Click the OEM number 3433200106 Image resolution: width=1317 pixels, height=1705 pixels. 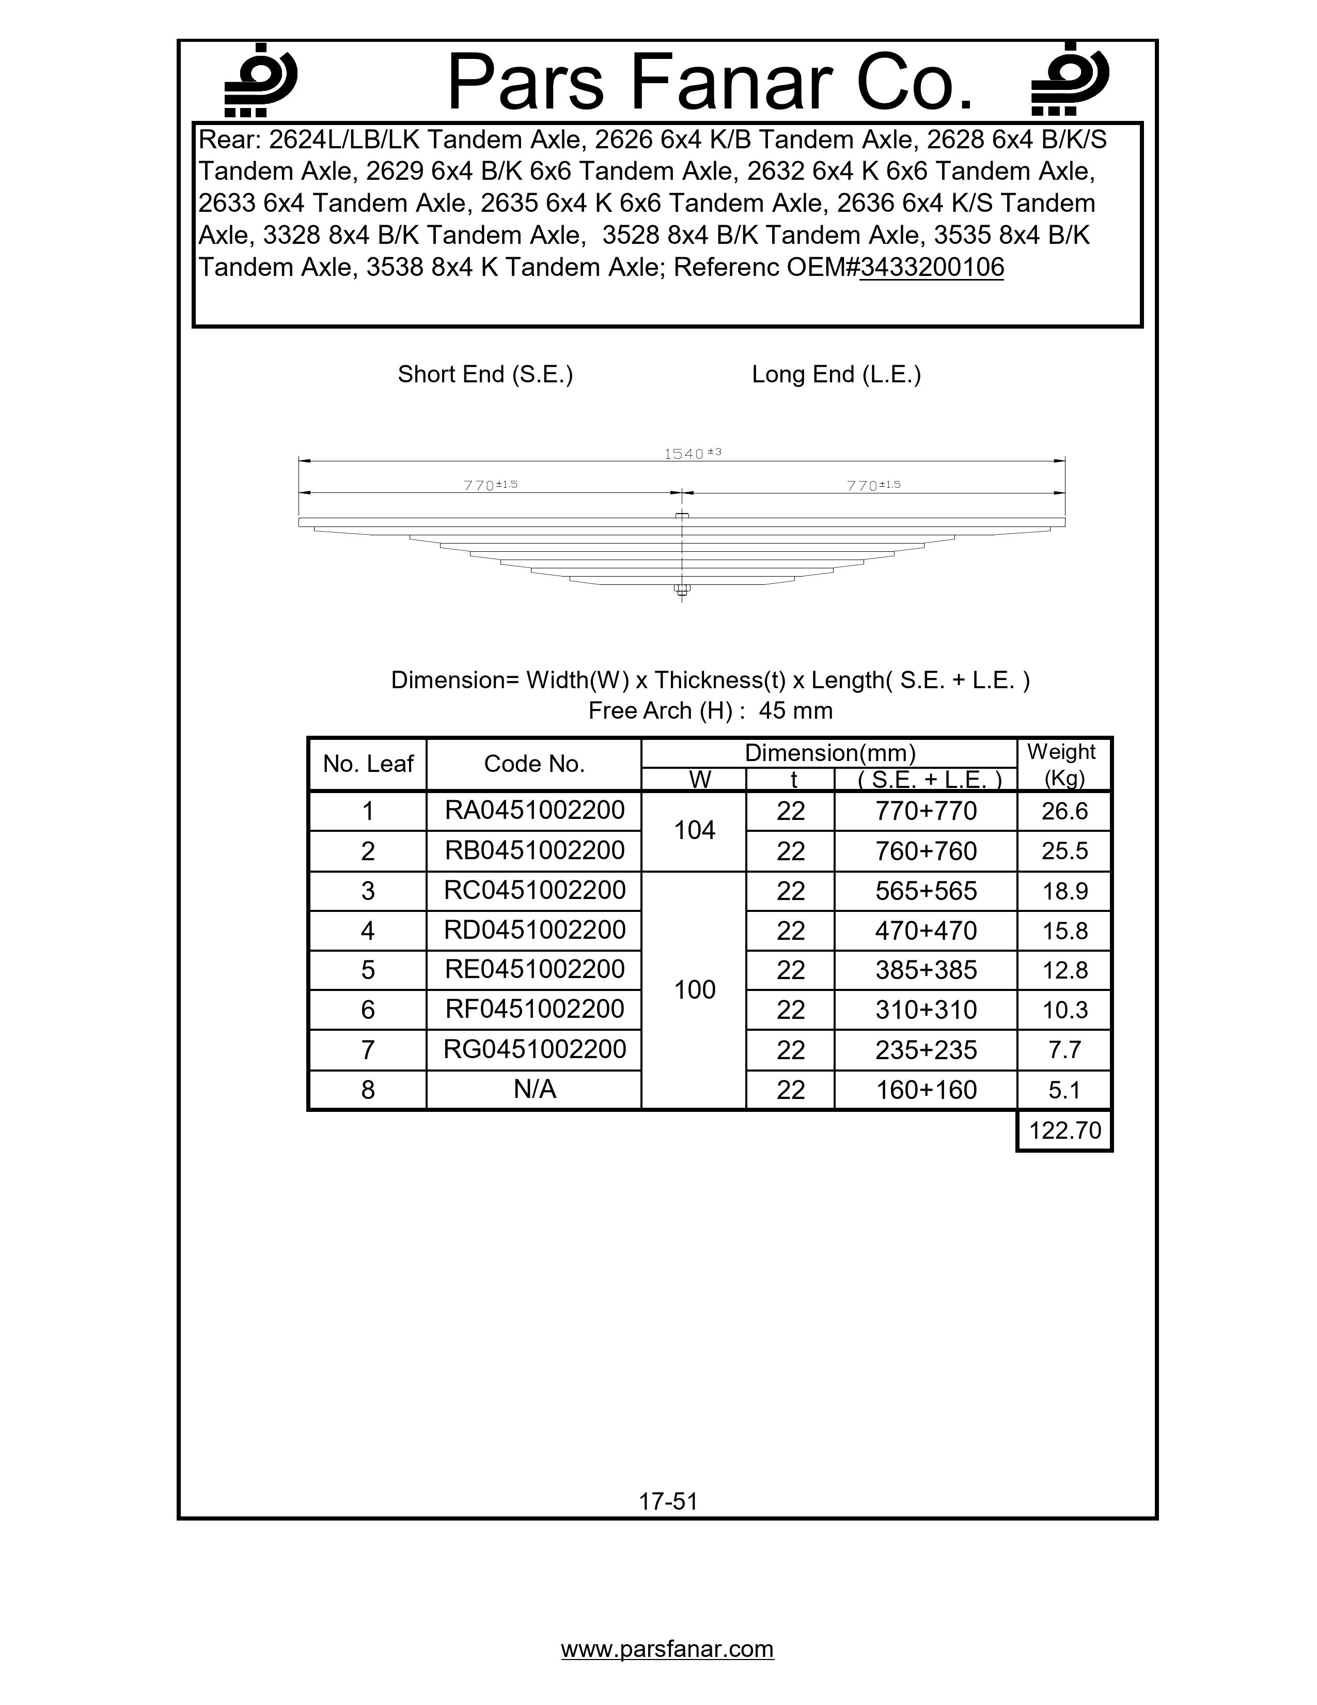pos(932,268)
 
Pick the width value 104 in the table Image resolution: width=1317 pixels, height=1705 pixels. pos(694,831)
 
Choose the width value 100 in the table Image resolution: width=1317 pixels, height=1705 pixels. pos(694,990)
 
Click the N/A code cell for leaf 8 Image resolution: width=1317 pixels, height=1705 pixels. pos(535,1089)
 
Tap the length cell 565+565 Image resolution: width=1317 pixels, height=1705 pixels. pos(926,891)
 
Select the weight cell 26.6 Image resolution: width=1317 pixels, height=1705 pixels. pos(1064,811)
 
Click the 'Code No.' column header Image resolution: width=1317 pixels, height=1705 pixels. pos(535,764)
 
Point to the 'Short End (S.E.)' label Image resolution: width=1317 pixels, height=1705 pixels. pos(485,375)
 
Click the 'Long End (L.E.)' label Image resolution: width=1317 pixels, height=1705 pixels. pos(836,375)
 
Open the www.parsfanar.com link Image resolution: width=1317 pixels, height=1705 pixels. pos(667,1649)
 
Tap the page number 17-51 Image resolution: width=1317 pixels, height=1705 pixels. pos(668,1501)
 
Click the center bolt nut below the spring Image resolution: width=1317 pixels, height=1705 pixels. pos(682,590)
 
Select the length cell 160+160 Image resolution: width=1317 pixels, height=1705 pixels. pos(926,1090)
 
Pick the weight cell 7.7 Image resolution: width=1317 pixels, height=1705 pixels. pos(1064,1050)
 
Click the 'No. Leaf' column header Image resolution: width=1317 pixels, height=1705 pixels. pos(368,764)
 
